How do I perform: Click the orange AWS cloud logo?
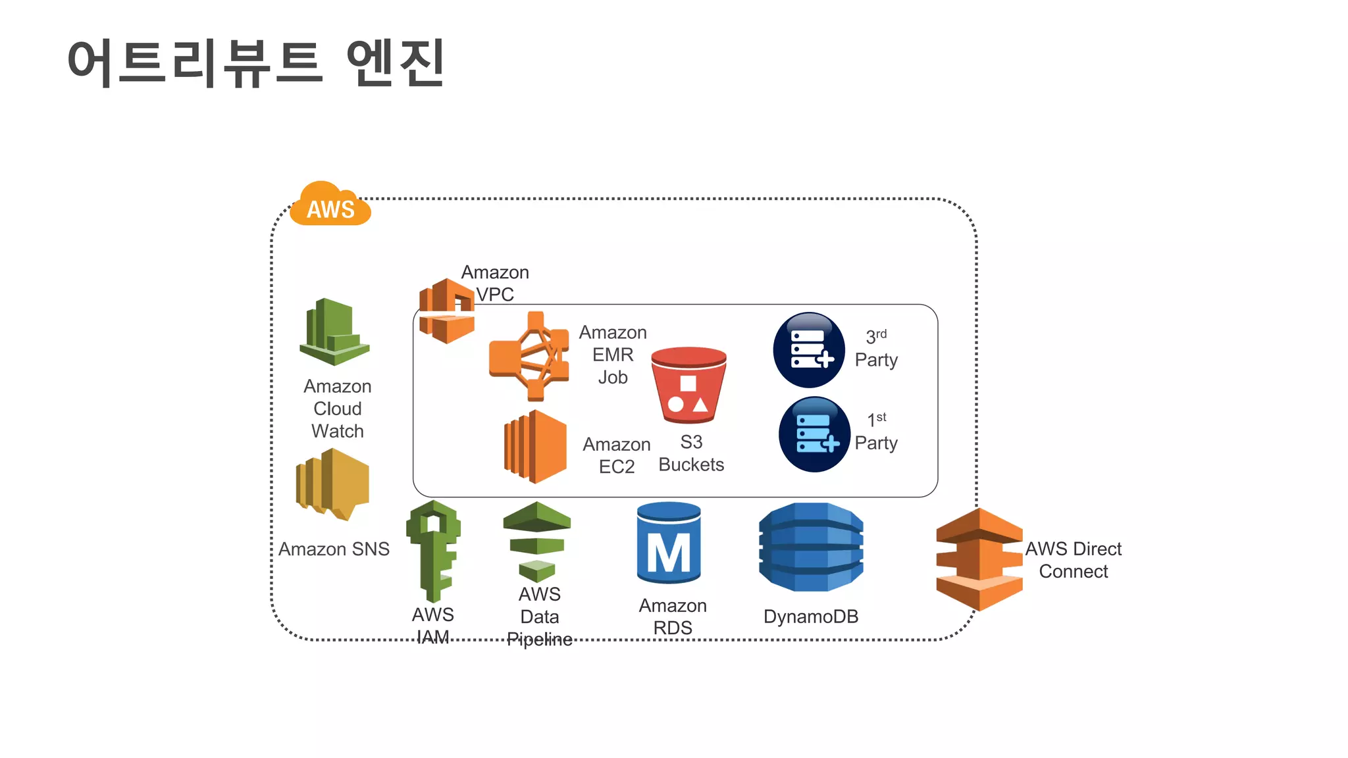tap(330, 205)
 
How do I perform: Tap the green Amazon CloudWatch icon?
tap(334, 332)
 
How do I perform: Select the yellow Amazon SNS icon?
tap(333, 484)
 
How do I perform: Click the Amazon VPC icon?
tap(447, 311)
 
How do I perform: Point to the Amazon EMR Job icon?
tap(529, 356)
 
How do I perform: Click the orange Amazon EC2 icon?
tap(536, 447)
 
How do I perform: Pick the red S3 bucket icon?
tap(688, 386)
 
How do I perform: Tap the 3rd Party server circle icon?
tap(809, 350)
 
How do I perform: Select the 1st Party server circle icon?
tap(814, 434)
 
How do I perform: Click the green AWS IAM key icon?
tap(433, 550)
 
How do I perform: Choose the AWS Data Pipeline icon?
tap(537, 542)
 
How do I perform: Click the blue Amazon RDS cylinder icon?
tap(669, 543)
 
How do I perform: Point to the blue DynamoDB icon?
tap(811, 547)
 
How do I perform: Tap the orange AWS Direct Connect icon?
tap(979, 559)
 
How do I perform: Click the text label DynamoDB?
tap(811, 617)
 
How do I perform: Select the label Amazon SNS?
tap(334, 549)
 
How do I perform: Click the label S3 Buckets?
tap(691, 453)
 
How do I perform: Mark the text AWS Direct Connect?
tap(1073, 560)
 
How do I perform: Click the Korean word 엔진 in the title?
tap(396, 63)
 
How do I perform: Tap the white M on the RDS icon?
tap(669, 553)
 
